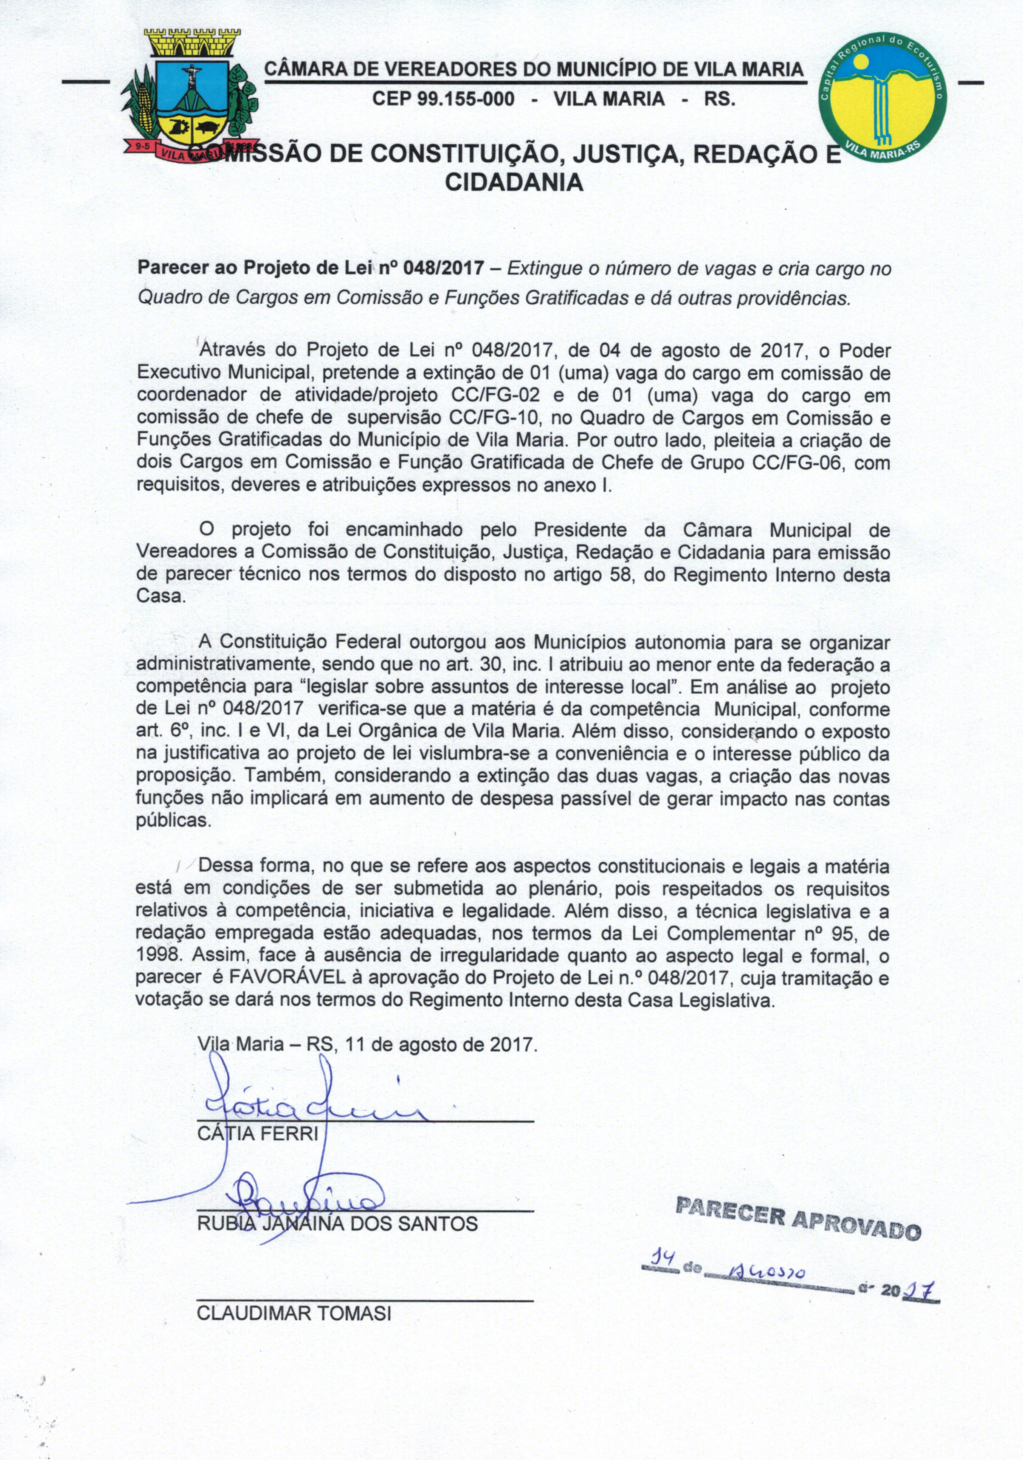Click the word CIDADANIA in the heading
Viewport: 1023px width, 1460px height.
click(514, 183)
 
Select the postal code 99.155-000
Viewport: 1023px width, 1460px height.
click(443, 99)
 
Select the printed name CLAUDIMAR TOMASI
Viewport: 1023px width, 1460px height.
click(294, 1314)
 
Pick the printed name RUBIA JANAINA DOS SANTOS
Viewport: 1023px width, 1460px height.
click(337, 1224)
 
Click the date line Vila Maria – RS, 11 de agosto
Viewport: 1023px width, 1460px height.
click(367, 1045)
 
